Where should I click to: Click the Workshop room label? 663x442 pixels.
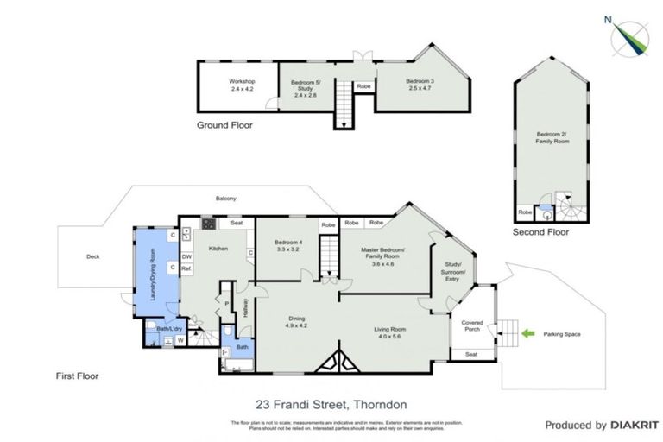(x=242, y=84)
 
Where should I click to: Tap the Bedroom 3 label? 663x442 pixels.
(x=420, y=85)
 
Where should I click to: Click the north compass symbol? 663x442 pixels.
(x=630, y=35)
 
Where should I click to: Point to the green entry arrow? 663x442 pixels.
(x=527, y=332)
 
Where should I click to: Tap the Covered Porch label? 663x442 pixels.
(x=472, y=325)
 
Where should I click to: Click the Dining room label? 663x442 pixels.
(x=296, y=322)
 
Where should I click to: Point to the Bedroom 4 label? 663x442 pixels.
(x=287, y=245)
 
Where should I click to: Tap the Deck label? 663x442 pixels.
(x=93, y=256)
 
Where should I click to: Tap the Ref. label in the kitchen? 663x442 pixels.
(x=186, y=268)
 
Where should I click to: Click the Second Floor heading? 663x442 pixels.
(x=541, y=232)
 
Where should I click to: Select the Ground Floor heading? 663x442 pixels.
(x=224, y=125)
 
